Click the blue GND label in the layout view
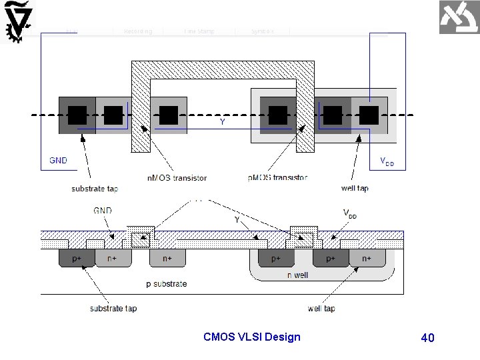[x=58, y=160]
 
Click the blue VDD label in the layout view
[x=387, y=161]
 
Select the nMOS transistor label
[x=177, y=178]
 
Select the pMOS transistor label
[x=278, y=178]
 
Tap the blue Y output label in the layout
[x=222, y=122]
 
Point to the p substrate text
[x=166, y=283]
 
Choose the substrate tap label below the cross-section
[x=113, y=308]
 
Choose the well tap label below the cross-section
[x=321, y=308]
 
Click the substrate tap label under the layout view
[x=95, y=189]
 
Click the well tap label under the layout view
[x=355, y=188]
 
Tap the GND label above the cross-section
[x=102, y=210]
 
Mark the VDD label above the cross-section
[x=349, y=213]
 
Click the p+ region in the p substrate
[x=77, y=258]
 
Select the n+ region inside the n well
[x=367, y=258]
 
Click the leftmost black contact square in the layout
[x=77, y=115]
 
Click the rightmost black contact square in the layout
[x=369, y=115]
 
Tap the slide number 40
[x=427, y=338]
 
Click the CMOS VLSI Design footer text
[x=251, y=337]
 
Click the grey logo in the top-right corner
[x=459, y=17]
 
